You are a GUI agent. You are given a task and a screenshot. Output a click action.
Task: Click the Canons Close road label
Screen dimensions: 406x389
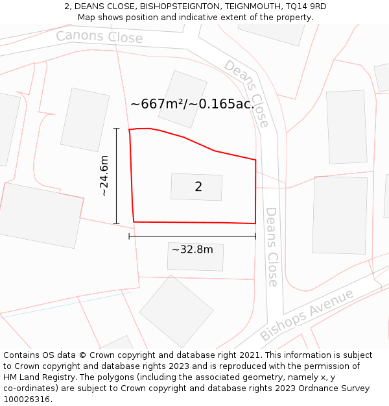99,37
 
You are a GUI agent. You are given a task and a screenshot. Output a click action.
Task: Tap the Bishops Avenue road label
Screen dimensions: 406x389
307,315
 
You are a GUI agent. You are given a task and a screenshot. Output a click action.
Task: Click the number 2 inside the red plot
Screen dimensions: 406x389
198,187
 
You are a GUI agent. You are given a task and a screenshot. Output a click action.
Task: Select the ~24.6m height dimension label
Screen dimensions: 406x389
104,176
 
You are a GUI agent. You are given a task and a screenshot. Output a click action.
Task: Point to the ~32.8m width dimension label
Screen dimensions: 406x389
192,249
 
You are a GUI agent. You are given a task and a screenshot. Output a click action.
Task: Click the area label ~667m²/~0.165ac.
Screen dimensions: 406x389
191,104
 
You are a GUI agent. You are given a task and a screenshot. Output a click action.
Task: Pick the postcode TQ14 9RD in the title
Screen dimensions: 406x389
305,6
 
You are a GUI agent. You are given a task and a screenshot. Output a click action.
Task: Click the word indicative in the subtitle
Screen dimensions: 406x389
186,17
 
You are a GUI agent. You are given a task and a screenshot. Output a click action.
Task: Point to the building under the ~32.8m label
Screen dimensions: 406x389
195,258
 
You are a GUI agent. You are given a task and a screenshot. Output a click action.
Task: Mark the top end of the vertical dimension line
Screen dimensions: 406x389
117,129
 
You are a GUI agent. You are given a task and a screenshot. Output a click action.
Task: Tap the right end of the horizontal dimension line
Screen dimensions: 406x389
255,236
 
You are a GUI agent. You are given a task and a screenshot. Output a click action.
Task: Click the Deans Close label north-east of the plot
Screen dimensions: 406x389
246,93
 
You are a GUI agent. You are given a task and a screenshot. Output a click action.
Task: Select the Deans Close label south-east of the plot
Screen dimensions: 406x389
272,247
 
